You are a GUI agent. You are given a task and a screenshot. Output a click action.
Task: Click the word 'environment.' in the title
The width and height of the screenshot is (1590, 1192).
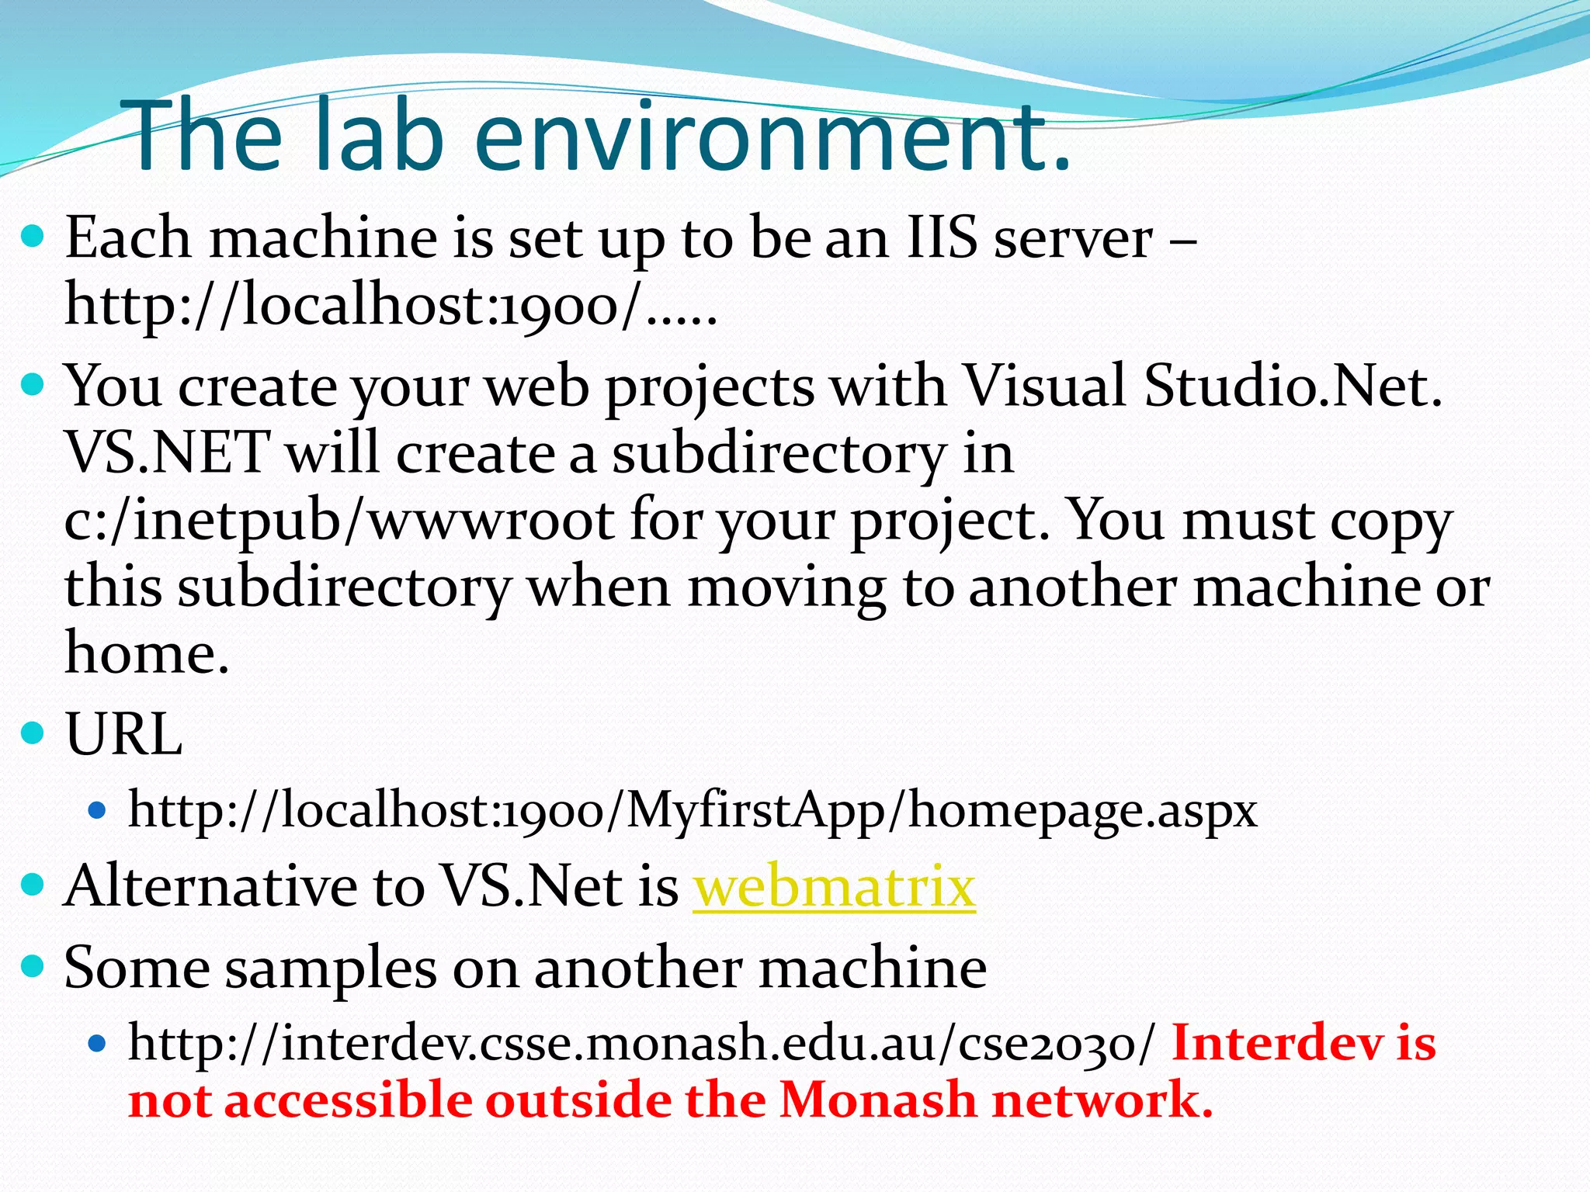coord(772,136)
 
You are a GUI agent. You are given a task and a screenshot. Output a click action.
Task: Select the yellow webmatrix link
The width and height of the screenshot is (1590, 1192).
coord(834,886)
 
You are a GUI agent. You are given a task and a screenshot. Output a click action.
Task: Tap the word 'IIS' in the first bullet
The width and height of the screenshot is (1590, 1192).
coord(942,237)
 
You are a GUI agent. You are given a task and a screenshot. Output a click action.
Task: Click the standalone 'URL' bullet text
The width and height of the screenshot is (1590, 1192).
coord(124,733)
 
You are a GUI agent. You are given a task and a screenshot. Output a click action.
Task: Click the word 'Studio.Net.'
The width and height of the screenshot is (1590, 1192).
coord(1293,386)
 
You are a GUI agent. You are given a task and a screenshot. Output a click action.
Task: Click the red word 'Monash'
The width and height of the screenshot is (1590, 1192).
coord(877,1100)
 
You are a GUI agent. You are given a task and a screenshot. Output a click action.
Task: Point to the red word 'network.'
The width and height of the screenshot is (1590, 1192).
coord(1102,1100)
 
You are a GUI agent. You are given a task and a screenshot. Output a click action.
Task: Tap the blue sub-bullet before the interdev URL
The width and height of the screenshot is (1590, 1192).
coord(97,1045)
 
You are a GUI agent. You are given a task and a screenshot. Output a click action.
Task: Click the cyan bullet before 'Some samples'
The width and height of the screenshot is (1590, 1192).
coord(33,966)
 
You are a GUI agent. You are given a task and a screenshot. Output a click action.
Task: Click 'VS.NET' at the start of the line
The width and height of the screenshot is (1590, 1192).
coord(167,453)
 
